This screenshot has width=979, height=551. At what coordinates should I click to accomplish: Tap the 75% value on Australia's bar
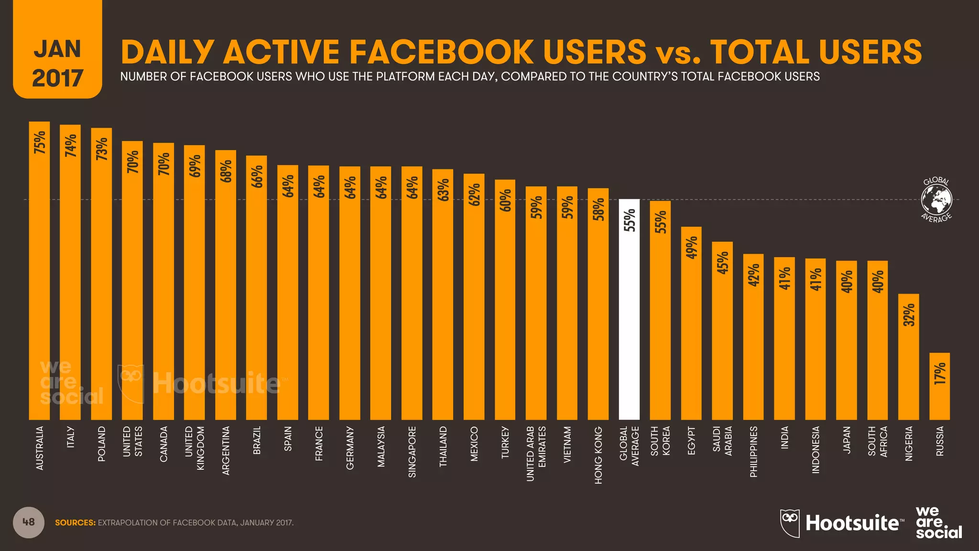(40, 142)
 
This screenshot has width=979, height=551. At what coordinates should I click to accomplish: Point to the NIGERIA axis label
(909, 443)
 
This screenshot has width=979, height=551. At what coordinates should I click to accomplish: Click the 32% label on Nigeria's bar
(909, 315)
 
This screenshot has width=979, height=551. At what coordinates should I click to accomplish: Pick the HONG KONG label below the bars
(598, 455)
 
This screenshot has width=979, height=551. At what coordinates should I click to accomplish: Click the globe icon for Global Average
(936, 199)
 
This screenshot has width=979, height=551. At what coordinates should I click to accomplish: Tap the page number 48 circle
(29, 522)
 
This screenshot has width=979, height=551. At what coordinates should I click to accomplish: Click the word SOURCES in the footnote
(75, 523)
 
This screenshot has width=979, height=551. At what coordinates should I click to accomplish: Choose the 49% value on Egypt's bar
(691, 247)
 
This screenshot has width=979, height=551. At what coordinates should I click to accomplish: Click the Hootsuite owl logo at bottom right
(790, 523)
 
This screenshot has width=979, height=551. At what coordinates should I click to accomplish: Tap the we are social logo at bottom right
(938, 523)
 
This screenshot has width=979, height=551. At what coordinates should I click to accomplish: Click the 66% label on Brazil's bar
(257, 176)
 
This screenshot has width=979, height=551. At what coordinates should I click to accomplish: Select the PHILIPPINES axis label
(753, 452)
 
